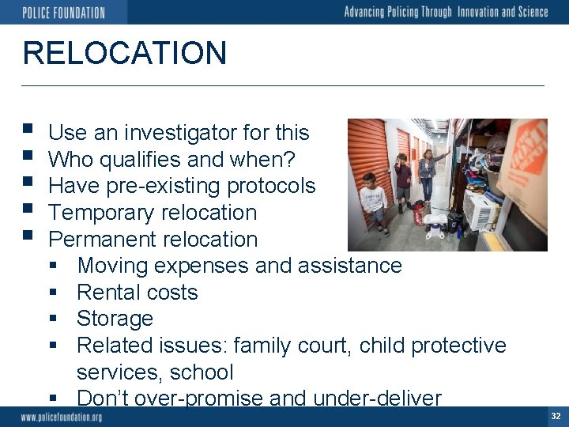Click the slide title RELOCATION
pos(125,53)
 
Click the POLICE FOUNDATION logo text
pos(63,12)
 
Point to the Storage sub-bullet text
pos(115,319)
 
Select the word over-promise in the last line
pos(197,398)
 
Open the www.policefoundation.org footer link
pos(62,417)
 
